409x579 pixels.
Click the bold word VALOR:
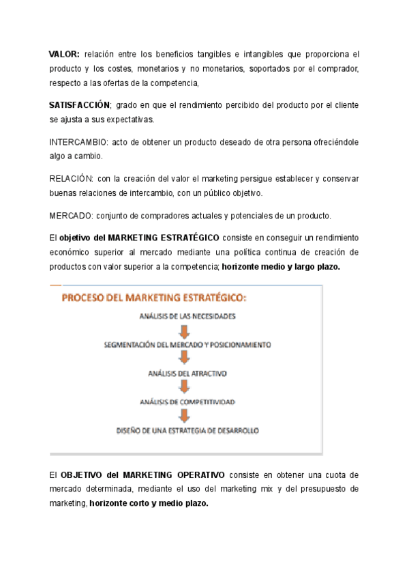pyautogui.click(x=64, y=53)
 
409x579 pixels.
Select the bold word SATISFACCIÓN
pyautogui.click(x=79, y=105)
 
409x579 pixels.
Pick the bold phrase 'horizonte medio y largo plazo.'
pyautogui.click(x=281, y=267)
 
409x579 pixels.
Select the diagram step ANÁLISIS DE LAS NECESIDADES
pyautogui.click(x=187, y=316)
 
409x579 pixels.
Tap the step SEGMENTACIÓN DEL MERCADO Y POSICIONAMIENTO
pyautogui.click(x=187, y=345)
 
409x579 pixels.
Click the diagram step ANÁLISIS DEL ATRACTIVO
pyautogui.click(x=187, y=373)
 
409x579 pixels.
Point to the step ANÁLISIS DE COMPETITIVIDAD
pyautogui.click(x=187, y=402)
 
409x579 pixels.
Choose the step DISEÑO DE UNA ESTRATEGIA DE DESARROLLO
pyautogui.click(x=187, y=431)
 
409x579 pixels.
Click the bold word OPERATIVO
pyautogui.click(x=197, y=475)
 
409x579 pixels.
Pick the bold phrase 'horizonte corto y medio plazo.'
pyautogui.click(x=149, y=504)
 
